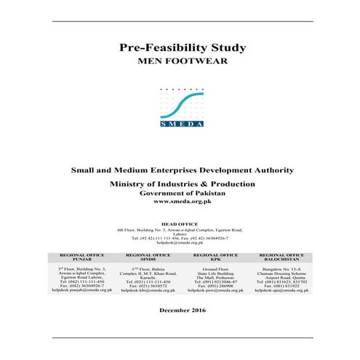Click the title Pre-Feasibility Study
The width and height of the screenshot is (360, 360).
tap(182, 49)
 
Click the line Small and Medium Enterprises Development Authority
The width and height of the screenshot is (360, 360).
tap(182, 170)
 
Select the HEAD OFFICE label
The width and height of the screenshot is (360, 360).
tap(182, 225)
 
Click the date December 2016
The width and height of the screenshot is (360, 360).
tap(182, 311)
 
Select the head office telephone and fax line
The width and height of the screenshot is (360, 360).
tap(182, 238)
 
